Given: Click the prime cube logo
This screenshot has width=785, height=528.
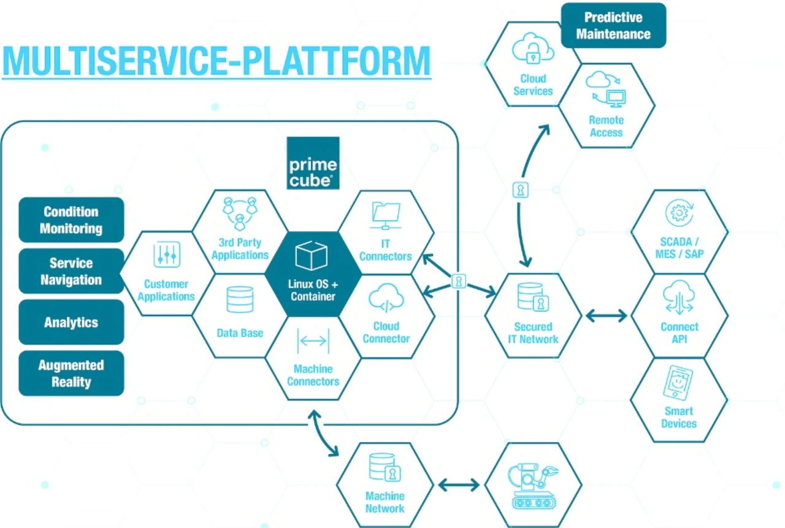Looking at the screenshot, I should pos(313,163).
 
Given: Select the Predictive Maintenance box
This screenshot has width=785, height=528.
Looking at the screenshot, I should pos(613,26).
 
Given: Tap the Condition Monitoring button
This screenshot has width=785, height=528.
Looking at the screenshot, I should pos(71,220).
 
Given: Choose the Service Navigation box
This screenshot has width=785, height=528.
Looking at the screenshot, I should pos(71,272).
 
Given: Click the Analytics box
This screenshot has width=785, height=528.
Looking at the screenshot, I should pos(71,322).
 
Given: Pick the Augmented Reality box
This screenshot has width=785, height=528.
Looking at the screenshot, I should pos(71,373).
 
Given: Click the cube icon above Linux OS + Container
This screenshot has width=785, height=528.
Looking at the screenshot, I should pos(312,255).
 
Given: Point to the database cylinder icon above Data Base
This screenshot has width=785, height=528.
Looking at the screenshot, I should pos(240,299).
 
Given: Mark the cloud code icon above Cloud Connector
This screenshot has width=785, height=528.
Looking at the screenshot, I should pos(386,299).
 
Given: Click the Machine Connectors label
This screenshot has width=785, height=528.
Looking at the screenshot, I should pos(313,375).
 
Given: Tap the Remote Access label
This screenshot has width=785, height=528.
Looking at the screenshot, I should pos(606,126).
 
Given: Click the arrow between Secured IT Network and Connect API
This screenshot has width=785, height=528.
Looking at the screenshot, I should pos(606,316).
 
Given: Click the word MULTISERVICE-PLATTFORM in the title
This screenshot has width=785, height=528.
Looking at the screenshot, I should pos(216,60).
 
